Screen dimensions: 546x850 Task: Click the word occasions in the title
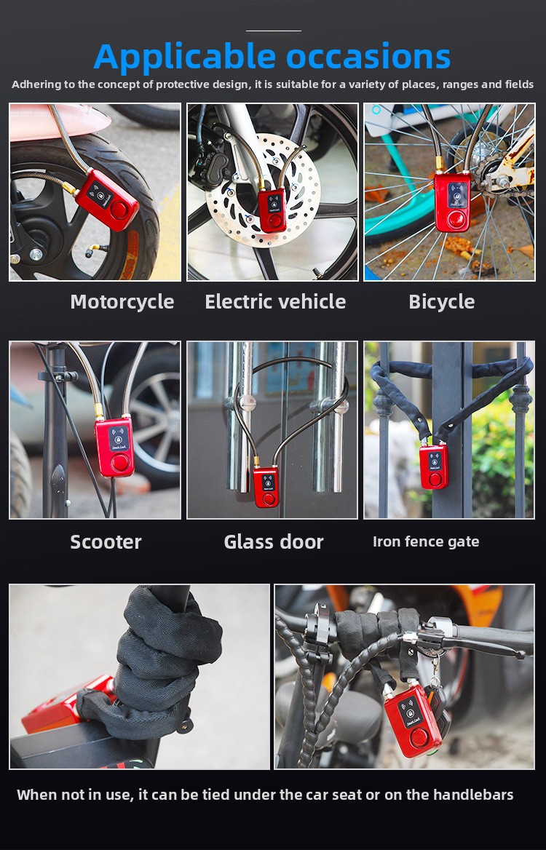tap(368, 56)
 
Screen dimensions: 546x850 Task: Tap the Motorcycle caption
tap(122, 302)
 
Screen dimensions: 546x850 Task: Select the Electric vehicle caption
tap(275, 301)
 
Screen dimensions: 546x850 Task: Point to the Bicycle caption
tap(442, 302)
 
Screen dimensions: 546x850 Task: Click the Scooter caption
tap(106, 541)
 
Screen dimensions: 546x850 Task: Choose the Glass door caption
tap(274, 541)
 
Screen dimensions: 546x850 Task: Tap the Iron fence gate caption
tap(426, 541)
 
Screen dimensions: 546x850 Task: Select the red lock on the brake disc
tap(272, 210)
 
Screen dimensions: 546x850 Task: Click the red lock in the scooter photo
tap(114, 447)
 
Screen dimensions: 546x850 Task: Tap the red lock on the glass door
tap(266, 487)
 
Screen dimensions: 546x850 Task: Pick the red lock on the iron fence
tap(435, 466)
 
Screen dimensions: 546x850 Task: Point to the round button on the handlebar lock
tap(419, 738)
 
